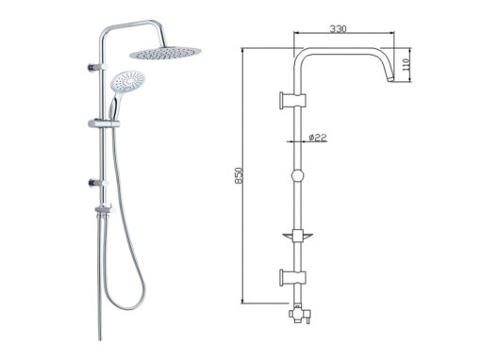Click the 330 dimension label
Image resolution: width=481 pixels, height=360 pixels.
338,29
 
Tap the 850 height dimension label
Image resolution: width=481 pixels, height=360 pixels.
239,175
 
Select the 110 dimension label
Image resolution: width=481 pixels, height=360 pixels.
406,64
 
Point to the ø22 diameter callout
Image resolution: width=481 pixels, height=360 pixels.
318,138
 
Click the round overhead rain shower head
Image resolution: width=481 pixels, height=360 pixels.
165,53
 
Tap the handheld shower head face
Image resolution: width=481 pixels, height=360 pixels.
128,81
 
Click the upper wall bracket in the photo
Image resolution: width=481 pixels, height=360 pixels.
97,67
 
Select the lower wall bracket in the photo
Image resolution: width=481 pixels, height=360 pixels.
98,183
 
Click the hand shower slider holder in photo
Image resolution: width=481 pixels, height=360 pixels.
104,123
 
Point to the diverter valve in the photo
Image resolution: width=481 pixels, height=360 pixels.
104,210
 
